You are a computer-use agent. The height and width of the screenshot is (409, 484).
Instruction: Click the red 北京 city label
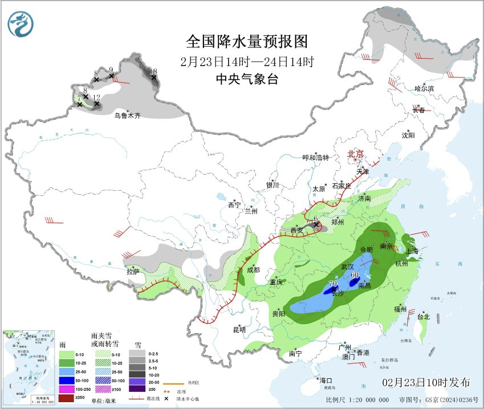tap(356, 154)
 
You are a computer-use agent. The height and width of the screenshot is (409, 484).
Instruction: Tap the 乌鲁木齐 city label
tap(127, 116)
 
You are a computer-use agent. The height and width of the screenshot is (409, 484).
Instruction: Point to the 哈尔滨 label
tap(424, 88)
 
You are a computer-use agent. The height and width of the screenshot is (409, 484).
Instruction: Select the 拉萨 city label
tap(133, 272)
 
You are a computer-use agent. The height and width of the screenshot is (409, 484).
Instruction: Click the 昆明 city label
tap(239, 329)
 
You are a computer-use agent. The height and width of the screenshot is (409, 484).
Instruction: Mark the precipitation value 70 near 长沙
tap(334, 284)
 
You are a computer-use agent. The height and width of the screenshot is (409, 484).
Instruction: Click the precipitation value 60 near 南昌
tap(355, 275)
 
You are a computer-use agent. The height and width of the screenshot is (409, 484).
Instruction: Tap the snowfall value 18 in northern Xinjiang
tap(153, 71)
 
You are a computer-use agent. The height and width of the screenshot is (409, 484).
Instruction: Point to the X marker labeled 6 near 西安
tap(316, 225)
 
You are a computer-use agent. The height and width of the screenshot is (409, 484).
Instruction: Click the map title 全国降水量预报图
tap(247, 42)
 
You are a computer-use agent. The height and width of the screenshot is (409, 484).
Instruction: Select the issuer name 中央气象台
tap(247, 80)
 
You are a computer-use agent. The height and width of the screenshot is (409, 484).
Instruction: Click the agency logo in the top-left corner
tap(21, 24)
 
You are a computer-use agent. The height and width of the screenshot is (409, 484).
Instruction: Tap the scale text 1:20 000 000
tap(370, 400)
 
